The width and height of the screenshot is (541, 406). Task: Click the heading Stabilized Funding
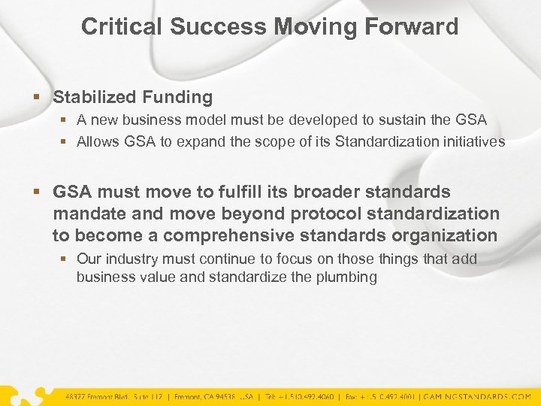pos(132,97)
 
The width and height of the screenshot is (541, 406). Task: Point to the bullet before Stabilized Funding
pos(39,98)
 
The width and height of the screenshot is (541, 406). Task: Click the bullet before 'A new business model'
pos(65,120)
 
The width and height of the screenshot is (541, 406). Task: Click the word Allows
pos(96,141)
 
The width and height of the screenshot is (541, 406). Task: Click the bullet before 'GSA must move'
pos(39,192)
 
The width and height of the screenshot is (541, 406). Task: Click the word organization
pos(443,235)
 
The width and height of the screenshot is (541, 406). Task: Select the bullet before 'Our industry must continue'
pos(65,259)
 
